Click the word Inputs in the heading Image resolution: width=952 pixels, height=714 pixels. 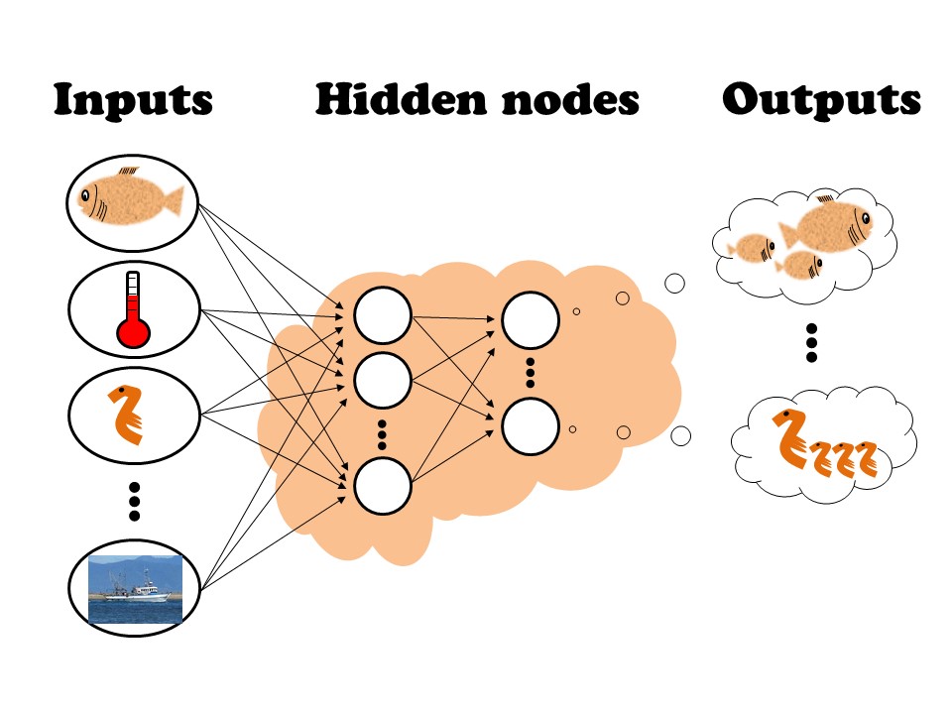(x=133, y=100)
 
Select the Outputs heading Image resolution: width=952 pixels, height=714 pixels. (x=821, y=100)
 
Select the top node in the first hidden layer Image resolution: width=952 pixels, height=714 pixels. (x=383, y=317)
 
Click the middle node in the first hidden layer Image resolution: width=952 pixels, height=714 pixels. (x=383, y=378)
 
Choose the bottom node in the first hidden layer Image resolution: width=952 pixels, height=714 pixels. (x=383, y=487)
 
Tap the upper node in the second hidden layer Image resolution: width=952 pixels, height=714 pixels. (x=530, y=318)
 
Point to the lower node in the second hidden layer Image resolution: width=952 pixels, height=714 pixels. (x=530, y=425)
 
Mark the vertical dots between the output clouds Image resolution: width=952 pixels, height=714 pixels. (x=811, y=342)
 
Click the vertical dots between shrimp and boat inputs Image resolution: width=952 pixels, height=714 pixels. (x=134, y=501)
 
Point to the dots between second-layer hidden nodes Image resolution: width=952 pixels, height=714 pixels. (x=530, y=372)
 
